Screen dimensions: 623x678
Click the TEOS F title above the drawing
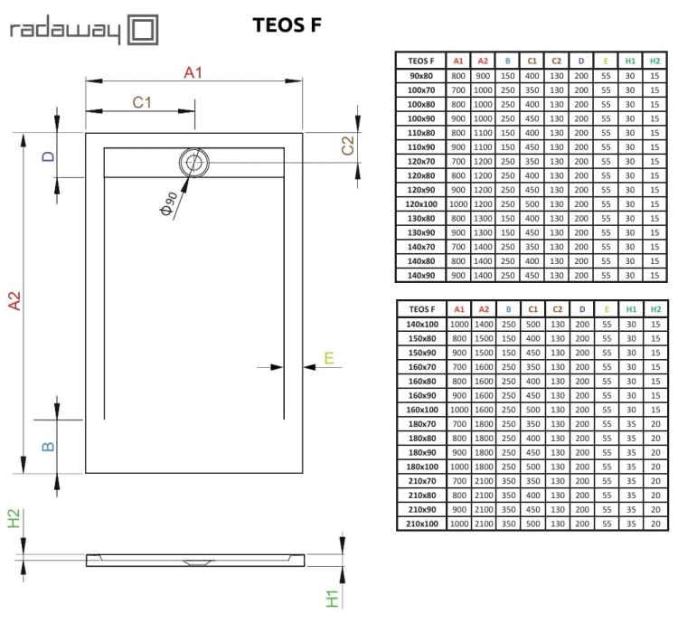286,25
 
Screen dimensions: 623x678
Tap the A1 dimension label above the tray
193,72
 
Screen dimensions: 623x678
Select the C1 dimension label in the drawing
141,103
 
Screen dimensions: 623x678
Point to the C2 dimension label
346,146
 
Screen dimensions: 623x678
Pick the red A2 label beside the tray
14,302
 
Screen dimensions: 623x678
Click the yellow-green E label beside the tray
329,359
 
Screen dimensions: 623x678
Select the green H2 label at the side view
14,520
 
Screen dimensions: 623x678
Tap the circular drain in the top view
193,163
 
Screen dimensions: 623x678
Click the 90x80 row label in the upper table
420,76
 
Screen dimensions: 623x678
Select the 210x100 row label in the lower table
421,524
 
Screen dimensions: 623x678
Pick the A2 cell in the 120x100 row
484,203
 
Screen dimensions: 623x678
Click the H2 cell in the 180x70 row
654,423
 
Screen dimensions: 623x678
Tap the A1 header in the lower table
458,308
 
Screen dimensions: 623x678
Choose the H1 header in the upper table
630,61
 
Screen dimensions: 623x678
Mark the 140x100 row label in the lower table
421,323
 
